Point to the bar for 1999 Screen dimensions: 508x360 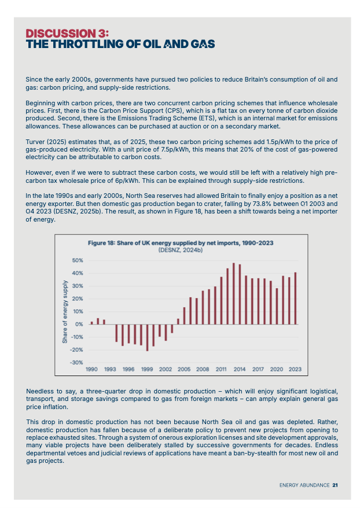[x=147, y=337]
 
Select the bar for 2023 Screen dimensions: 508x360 [x=295, y=298]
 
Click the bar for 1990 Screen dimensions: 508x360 [x=91, y=322]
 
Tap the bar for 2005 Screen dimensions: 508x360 [x=184, y=315]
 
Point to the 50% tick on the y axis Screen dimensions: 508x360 [x=78, y=260]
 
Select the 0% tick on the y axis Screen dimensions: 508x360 [x=80, y=324]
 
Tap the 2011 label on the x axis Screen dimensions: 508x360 [x=221, y=369]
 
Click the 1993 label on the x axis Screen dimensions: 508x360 [x=110, y=369]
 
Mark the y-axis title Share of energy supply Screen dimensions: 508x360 [x=65, y=311]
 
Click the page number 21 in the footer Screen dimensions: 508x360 [x=335, y=485]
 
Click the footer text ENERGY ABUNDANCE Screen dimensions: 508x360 [x=304, y=485]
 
